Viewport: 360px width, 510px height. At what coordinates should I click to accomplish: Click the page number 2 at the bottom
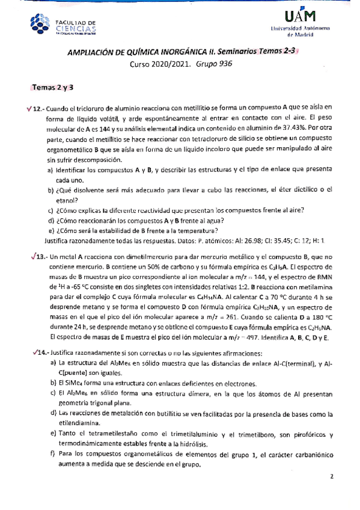pyautogui.click(x=331, y=493)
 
